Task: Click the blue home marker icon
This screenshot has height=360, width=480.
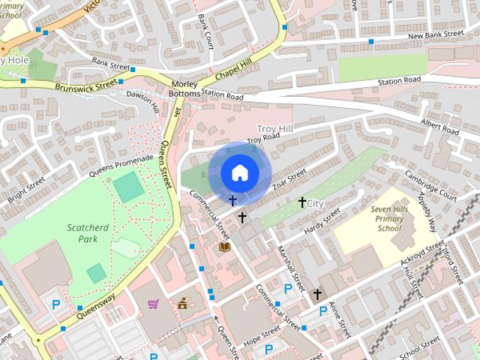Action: point(239,172)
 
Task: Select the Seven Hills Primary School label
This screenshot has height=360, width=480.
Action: point(389,217)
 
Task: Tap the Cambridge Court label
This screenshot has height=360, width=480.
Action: point(430,184)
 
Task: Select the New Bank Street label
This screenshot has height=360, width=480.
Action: point(436,34)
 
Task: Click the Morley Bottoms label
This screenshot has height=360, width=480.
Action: point(185,88)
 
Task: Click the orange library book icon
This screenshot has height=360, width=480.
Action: point(223,246)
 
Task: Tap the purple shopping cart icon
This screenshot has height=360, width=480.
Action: point(153,304)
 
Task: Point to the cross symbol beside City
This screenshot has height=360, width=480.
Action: point(302,202)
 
